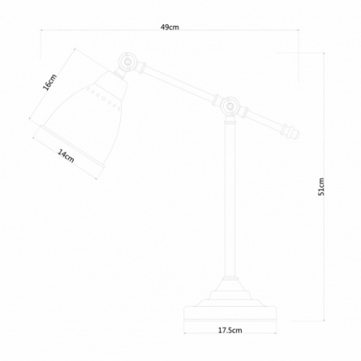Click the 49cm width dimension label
click(x=170, y=27)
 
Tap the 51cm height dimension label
click(x=321, y=187)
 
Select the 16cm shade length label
click(x=50, y=82)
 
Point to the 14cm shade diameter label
click(x=66, y=156)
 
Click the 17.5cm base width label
click(x=230, y=330)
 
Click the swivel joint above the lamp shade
click(x=127, y=62)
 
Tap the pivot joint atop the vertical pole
click(x=230, y=106)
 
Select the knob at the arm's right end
click(x=291, y=131)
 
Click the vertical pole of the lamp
click(x=230, y=200)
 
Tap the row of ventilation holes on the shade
click(x=103, y=98)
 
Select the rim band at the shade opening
click(x=71, y=148)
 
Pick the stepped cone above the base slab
click(x=230, y=294)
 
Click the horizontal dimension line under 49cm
click(x=170, y=30)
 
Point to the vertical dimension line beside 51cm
click(x=324, y=187)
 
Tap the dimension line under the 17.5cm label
click(x=230, y=333)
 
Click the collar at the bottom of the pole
click(x=230, y=278)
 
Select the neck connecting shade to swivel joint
click(x=119, y=74)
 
